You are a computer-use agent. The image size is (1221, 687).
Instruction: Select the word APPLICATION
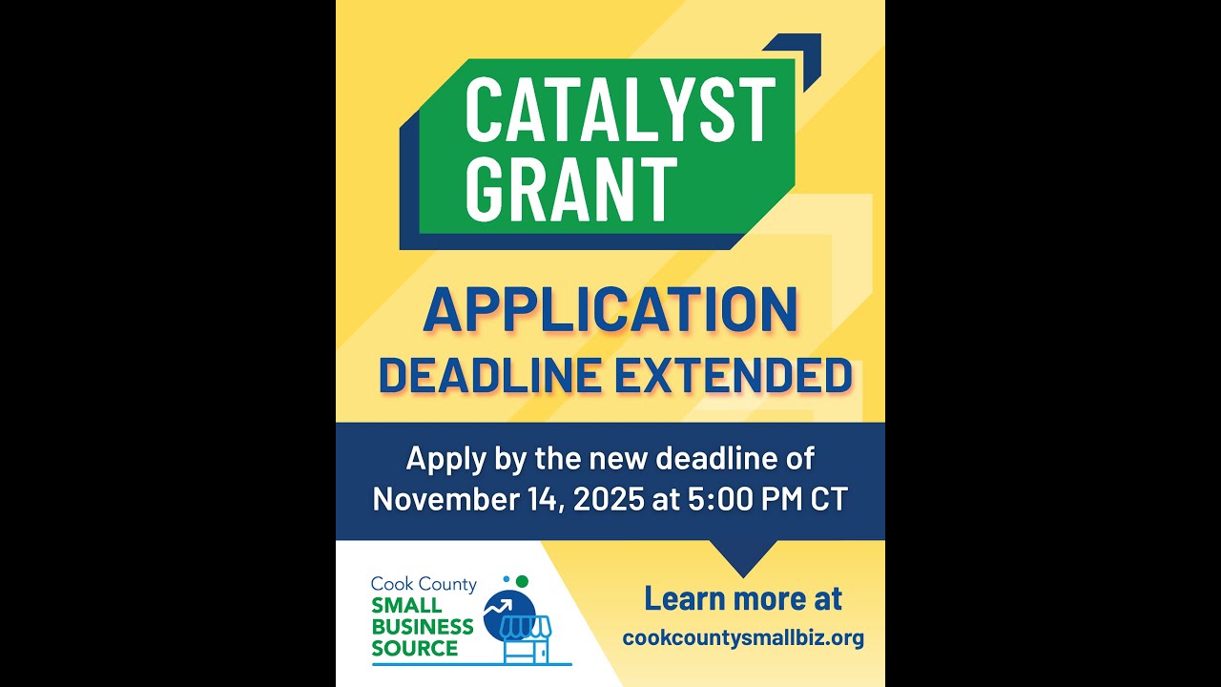pyautogui.click(x=610, y=309)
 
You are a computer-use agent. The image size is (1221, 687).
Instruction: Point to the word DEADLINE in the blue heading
pyautogui.click(x=490, y=375)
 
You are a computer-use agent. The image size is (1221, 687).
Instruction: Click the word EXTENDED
pyautogui.click(x=733, y=375)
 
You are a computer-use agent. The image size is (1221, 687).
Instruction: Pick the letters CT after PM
pyautogui.click(x=829, y=499)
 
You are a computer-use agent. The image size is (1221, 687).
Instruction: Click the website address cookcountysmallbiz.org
pyautogui.click(x=743, y=637)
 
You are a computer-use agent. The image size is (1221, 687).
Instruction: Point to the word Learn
pyautogui.click(x=689, y=599)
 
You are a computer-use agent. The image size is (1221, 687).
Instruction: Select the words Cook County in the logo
pyautogui.click(x=423, y=584)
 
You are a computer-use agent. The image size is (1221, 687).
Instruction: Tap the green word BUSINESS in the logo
pyautogui.click(x=422, y=627)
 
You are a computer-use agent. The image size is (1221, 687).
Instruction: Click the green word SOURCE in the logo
pyautogui.click(x=415, y=649)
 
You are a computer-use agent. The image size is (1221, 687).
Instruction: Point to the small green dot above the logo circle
pyautogui.click(x=522, y=581)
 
